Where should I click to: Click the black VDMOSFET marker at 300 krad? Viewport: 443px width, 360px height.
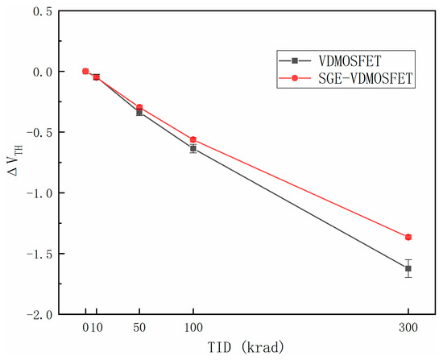[408, 268]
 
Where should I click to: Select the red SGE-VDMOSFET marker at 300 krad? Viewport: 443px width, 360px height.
[408, 237]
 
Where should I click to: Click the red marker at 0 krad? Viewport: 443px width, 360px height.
[85, 71]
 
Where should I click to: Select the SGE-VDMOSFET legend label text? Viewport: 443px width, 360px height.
[358, 78]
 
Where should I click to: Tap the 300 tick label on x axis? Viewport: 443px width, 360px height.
[408, 329]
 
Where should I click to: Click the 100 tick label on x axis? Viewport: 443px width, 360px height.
[193, 329]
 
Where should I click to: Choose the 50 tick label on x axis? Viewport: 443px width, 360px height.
[139, 329]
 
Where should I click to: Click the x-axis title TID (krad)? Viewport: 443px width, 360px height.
[246, 349]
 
